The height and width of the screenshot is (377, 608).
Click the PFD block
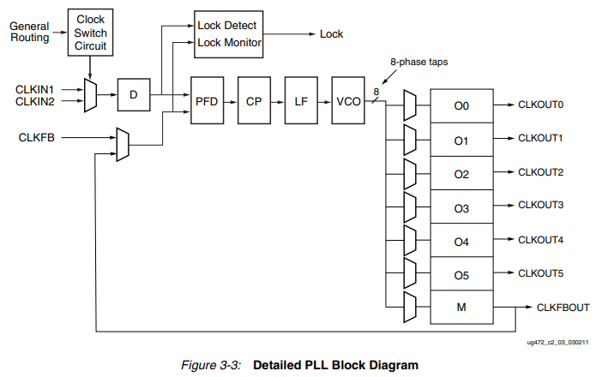point(207,101)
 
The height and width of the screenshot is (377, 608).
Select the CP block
point(254,101)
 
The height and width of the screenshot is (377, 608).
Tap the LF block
point(301,101)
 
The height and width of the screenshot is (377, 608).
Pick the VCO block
point(348,101)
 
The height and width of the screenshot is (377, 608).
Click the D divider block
point(133,95)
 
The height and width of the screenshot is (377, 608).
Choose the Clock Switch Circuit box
point(91,32)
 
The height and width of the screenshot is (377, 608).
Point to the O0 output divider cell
point(461,106)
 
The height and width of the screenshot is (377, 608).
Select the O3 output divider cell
point(461,207)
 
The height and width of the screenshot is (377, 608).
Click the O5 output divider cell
point(461,274)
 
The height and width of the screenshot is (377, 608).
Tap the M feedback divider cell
point(461,307)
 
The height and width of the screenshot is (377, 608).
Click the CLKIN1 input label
point(35,89)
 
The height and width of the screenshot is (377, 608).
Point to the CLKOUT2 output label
point(540,172)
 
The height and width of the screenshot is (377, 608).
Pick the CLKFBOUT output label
point(563,307)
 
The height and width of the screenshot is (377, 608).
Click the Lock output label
point(331,34)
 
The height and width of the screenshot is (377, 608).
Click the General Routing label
point(29,32)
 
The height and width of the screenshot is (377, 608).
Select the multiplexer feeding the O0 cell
point(409,106)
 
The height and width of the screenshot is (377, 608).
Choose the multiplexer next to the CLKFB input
point(122,144)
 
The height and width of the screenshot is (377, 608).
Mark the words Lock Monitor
point(229,43)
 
